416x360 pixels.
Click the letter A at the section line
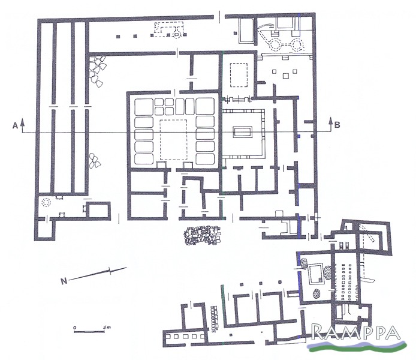(x=15, y=125)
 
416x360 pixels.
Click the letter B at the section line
(x=337, y=125)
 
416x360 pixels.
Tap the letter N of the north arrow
(x=64, y=281)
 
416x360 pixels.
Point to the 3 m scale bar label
(x=107, y=328)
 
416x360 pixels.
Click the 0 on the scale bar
(x=75, y=328)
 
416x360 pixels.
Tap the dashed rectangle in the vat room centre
(x=173, y=140)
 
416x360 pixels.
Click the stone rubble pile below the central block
(x=202, y=235)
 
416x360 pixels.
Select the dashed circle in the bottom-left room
(x=47, y=203)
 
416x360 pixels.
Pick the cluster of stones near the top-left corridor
(x=97, y=71)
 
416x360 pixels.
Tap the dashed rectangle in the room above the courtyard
(x=239, y=74)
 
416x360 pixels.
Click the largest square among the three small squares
(x=286, y=76)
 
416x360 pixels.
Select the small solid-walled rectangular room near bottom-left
(x=99, y=211)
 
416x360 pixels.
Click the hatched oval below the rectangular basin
(x=316, y=293)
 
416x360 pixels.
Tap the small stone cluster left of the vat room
(x=95, y=161)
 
